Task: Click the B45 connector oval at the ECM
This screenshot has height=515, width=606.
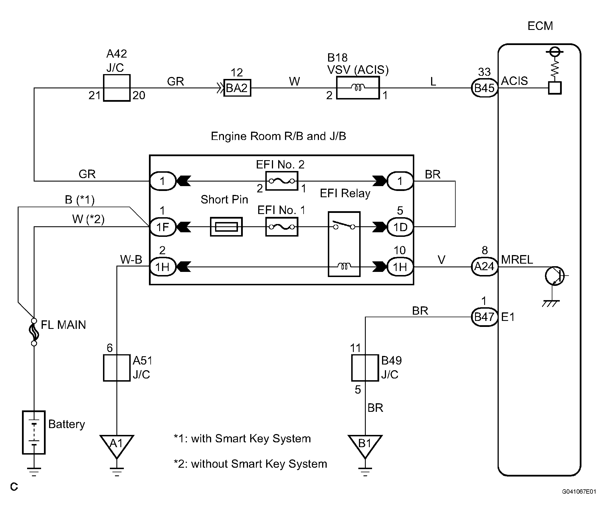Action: point(484,88)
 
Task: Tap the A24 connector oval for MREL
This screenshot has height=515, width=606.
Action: point(484,266)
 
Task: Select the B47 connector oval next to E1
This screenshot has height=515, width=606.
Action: point(484,317)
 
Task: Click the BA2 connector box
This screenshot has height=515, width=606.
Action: point(237,88)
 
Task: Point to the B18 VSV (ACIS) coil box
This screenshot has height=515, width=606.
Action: point(358,88)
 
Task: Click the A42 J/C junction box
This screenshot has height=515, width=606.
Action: point(117,88)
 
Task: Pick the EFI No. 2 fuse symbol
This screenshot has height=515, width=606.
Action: point(282,181)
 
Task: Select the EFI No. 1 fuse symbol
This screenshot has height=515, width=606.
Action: point(282,227)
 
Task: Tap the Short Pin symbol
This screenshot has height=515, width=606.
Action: point(226,227)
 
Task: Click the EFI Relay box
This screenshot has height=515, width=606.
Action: point(344,244)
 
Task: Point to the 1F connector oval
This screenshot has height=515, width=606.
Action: point(163,227)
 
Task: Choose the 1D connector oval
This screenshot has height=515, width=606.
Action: point(400,227)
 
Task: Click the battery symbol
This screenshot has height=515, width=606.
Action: point(34,432)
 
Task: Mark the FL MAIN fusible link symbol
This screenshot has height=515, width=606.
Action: point(34,332)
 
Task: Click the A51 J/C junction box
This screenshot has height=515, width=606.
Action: point(117,368)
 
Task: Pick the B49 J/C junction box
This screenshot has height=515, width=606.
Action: point(365,368)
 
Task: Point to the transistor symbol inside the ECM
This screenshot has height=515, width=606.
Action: point(554,276)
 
